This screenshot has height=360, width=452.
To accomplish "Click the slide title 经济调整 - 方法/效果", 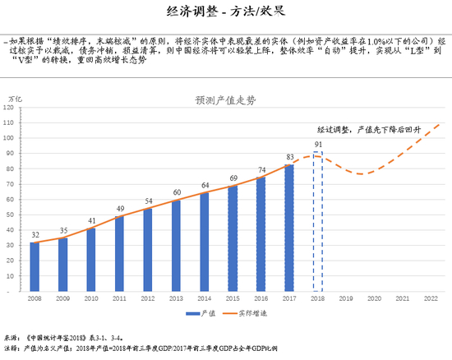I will pyautogui.click(x=226, y=12).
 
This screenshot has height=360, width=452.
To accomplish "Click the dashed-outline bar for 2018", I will pyautogui.click(x=318, y=222).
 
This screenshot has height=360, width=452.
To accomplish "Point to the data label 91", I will pyautogui.click(x=318, y=145).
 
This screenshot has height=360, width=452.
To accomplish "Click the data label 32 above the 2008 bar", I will pyautogui.click(x=35, y=235).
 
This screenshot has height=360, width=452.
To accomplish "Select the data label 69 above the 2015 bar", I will pyautogui.click(x=233, y=178).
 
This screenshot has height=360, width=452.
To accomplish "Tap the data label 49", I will pyautogui.click(x=120, y=209).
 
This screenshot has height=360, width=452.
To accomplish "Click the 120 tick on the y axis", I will pyautogui.click(x=12, y=108).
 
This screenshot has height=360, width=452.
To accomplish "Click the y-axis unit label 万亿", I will pyautogui.click(x=15, y=99).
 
